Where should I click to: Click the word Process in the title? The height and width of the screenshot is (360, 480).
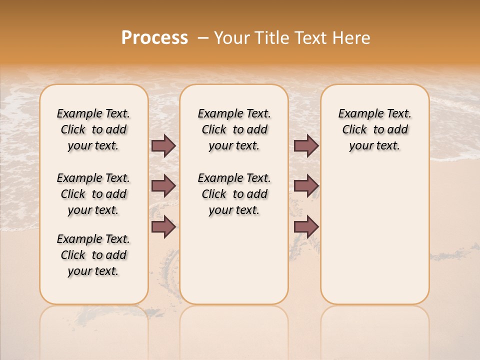click(x=154, y=38)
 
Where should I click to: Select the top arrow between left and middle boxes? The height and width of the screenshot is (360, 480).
click(x=163, y=146)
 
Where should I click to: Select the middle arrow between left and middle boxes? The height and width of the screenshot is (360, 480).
click(x=163, y=186)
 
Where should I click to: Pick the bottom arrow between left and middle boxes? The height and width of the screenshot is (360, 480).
click(x=163, y=227)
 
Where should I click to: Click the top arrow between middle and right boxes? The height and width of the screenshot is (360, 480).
click(x=306, y=146)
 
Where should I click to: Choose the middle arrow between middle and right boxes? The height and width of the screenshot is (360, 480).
click(x=306, y=186)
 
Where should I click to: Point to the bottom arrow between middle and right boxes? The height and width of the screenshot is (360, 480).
click(x=306, y=227)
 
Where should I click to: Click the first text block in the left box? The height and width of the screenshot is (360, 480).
click(x=93, y=129)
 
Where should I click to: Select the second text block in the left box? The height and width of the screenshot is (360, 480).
click(x=93, y=194)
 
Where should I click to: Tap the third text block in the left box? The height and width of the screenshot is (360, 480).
click(x=93, y=255)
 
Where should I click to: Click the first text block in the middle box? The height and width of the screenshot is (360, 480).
click(x=234, y=129)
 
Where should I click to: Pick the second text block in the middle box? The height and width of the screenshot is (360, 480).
click(x=234, y=194)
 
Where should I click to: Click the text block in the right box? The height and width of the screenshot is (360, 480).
click(x=374, y=129)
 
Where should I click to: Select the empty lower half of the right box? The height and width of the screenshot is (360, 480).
click(x=374, y=240)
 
